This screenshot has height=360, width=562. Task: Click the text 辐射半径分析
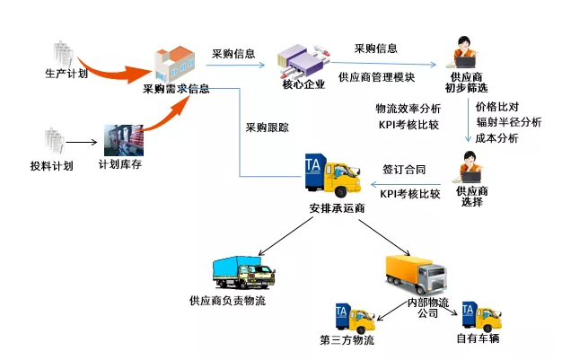coord(509,122)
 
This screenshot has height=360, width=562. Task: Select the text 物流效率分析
coord(408,109)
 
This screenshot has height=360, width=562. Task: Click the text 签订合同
coord(404,169)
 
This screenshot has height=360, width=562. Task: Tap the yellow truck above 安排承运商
coord(336,179)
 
